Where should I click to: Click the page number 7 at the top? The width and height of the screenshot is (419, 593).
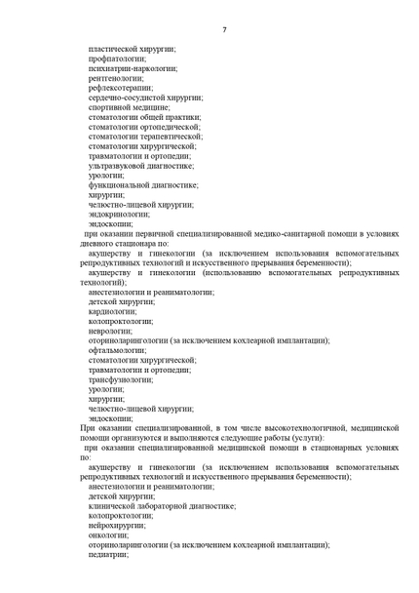point(223,30)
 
